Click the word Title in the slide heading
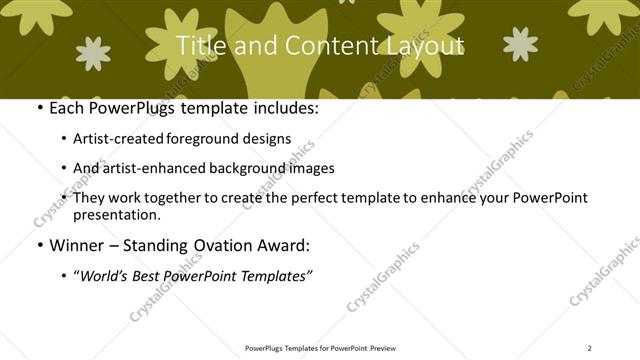(199, 46)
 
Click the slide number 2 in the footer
(590, 348)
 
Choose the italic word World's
(103, 275)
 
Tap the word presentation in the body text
(116, 214)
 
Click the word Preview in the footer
(382, 348)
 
